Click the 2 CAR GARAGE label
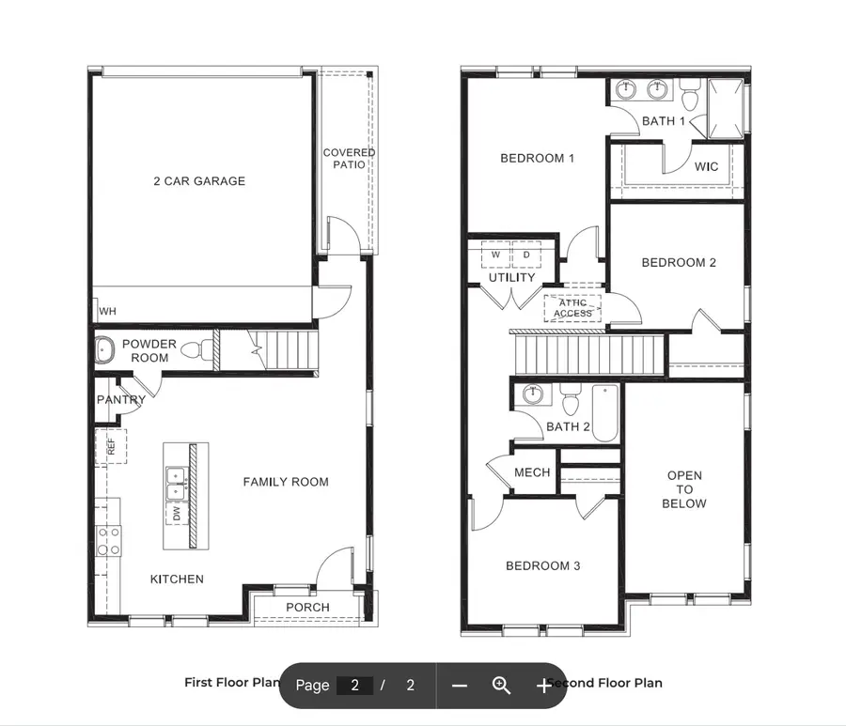[199, 181]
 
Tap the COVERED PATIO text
[349, 159]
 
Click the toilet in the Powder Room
[194, 351]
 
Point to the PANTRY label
[121, 400]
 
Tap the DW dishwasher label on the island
[175, 514]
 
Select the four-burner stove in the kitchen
[109, 541]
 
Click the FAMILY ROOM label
[286, 482]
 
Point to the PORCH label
[307, 608]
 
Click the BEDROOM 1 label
[537, 158]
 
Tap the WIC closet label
[706, 167]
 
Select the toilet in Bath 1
[691, 95]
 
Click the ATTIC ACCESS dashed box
[572, 308]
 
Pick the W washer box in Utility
[495, 255]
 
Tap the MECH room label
[532, 472]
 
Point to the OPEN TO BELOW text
[684, 489]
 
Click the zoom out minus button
[459, 686]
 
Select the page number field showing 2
[354, 686]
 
